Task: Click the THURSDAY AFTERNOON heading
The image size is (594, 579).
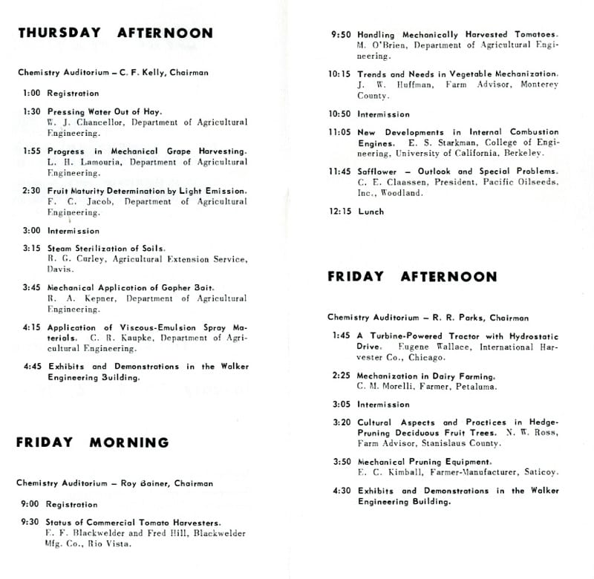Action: point(115,33)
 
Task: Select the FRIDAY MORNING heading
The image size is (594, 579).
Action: point(93,442)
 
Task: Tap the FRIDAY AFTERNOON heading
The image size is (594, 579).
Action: point(412,276)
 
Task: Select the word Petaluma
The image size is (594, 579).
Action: point(474,387)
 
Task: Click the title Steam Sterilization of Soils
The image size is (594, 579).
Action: point(106,248)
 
